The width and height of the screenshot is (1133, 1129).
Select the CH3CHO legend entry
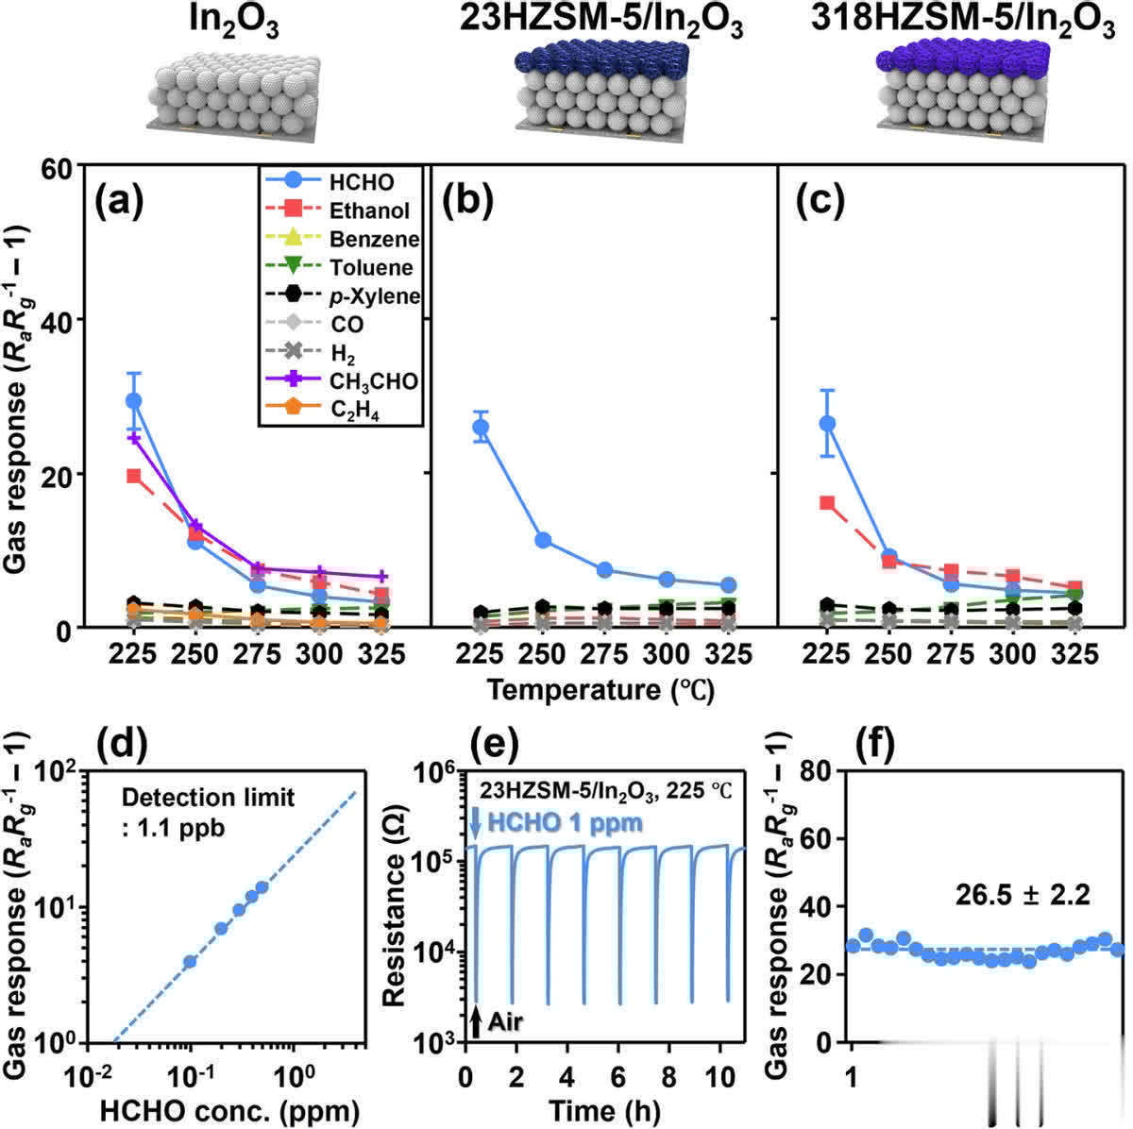point(372,381)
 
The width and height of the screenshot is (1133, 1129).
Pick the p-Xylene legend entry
point(374,296)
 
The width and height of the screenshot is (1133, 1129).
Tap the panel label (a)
point(120,201)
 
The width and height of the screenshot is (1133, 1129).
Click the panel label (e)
point(485,745)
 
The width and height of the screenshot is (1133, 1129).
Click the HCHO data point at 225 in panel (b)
point(481,428)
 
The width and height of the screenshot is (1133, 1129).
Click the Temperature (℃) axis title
point(600,690)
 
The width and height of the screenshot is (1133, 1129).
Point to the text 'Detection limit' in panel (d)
point(208,798)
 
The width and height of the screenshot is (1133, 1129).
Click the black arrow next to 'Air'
point(476,1020)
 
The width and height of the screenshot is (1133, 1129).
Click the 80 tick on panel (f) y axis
point(816,771)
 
